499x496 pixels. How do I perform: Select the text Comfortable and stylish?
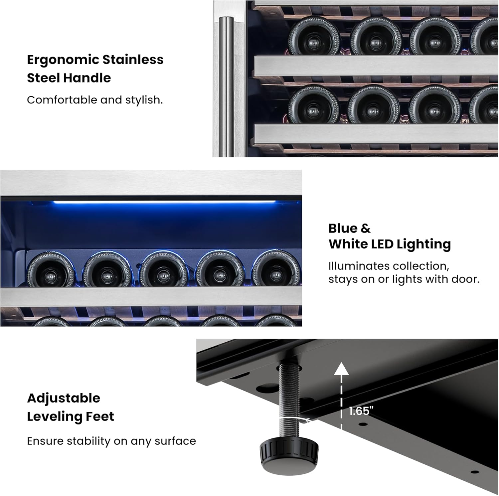pyautogui.click(x=95, y=100)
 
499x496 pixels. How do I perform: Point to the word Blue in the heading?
pyautogui.click(x=342, y=228)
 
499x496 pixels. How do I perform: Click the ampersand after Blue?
pyautogui.click(x=365, y=228)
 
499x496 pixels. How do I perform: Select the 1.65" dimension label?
pyautogui.click(x=361, y=411)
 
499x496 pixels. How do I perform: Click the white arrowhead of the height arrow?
pyautogui.click(x=341, y=369)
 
